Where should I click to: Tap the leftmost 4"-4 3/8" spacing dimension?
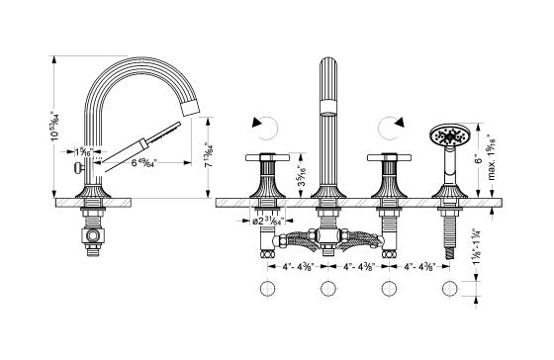tap(294, 265)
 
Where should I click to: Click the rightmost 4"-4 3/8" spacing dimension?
tap(420, 265)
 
